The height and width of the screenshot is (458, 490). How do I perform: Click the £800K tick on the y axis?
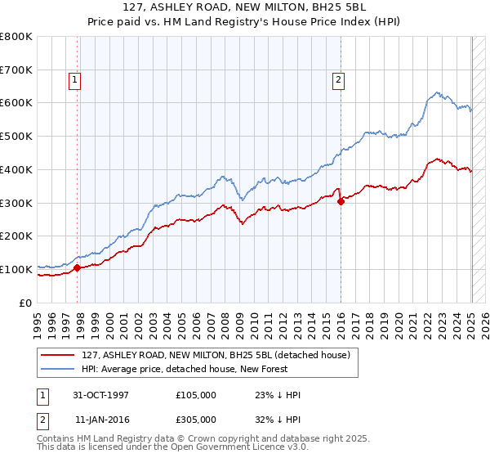click(16, 37)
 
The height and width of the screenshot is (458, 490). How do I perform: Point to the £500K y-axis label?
click(16, 137)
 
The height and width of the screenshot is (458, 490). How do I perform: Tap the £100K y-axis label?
click(16, 269)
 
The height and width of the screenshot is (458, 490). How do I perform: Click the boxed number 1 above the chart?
click(74, 80)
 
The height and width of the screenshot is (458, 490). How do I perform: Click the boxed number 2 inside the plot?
click(337, 80)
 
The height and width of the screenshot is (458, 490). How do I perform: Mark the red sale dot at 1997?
click(78, 267)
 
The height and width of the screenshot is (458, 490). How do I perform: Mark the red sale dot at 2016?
click(341, 201)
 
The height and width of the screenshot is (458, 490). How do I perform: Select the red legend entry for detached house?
click(216, 355)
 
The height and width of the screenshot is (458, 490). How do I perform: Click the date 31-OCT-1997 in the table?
click(100, 395)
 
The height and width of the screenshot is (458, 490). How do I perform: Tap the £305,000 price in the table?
click(196, 419)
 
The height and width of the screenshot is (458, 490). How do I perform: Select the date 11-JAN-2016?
click(100, 419)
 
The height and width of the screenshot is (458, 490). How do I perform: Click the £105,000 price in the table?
click(196, 395)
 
